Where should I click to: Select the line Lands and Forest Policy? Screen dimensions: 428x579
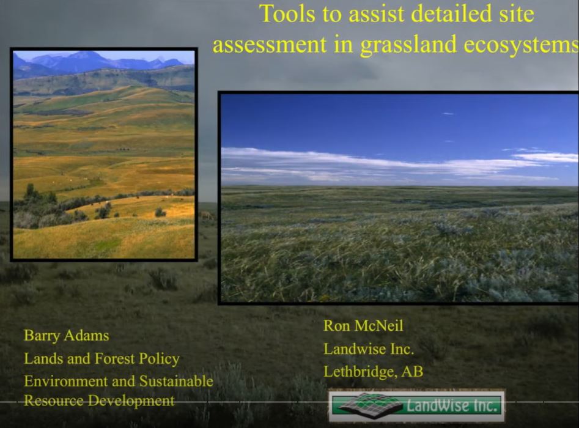click(x=101, y=358)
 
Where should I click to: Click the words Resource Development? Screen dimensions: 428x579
click(x=99, y=401)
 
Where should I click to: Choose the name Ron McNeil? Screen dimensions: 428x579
click(x=363, y=326)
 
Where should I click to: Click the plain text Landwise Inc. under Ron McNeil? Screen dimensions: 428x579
click(x=369, y=349)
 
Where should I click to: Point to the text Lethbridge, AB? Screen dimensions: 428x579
click(x=373, y=371)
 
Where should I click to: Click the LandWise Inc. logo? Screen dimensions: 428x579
click(x=416, y=405)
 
